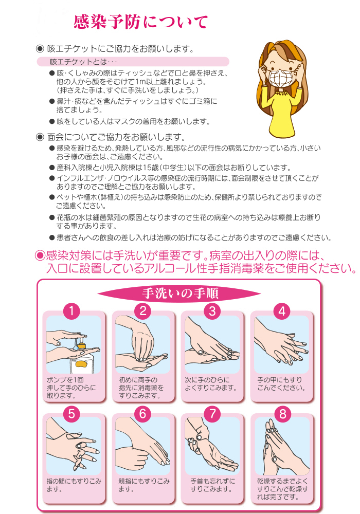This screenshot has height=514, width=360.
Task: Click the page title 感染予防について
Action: (140, 22)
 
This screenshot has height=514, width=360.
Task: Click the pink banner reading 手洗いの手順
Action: (179, 293)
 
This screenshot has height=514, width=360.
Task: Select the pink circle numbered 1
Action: (71, 311)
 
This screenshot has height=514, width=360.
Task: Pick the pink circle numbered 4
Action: (282, 311)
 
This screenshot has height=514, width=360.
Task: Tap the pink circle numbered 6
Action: (142, 413)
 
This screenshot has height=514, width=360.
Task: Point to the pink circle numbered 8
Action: (283, 414)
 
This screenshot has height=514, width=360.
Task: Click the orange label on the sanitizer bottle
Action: (81, 363)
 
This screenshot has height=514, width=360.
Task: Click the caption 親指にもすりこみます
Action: (144, 485)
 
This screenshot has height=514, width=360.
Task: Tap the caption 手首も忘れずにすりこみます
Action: (212, 485)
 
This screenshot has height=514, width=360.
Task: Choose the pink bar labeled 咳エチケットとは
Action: (133, 62)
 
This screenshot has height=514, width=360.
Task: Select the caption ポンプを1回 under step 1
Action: (65, 380)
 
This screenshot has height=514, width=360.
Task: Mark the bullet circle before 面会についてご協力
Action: (40, 137)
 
